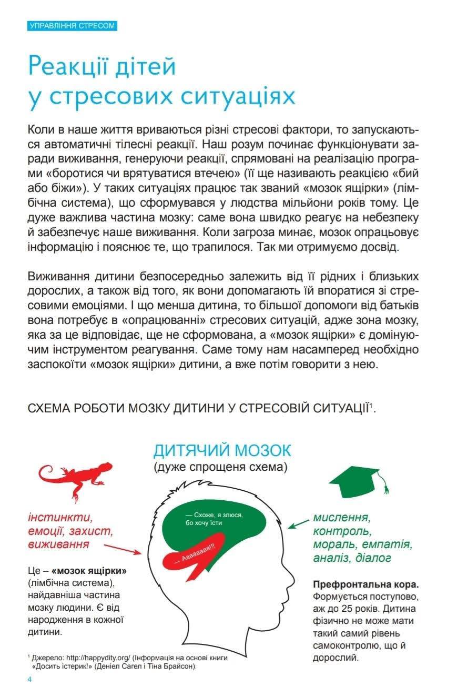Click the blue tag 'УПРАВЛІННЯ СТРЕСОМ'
[x=72, y=26]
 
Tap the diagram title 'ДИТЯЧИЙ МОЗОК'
[x=222, y=450]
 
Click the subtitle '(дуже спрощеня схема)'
[x=221, y=467]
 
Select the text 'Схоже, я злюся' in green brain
[x=210, y=516]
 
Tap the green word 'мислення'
[x=341, y=517]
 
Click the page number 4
[x=30, y=679]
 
